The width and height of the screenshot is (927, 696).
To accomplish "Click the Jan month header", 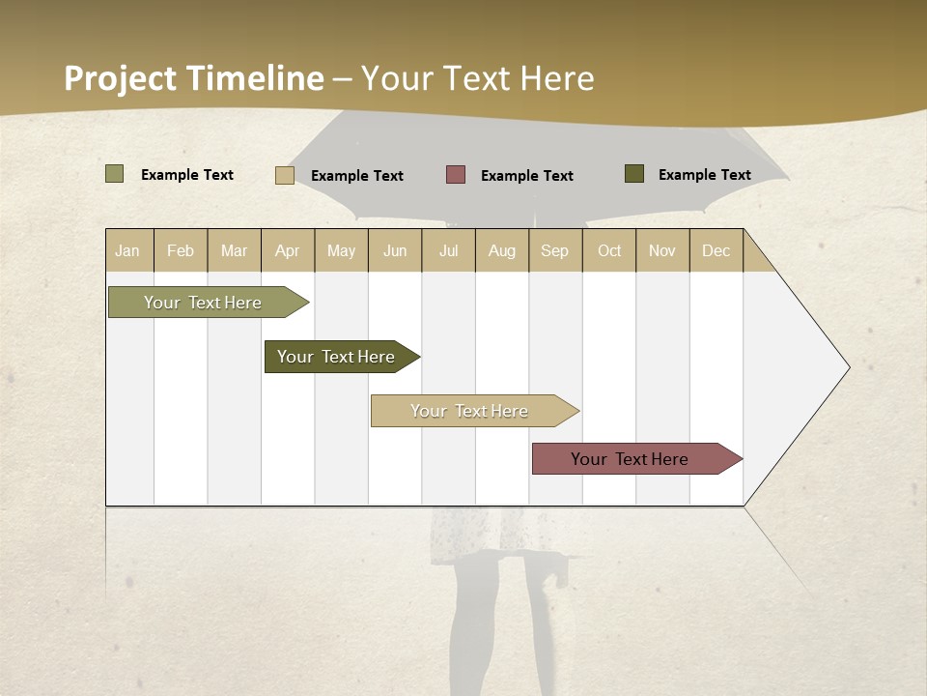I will (128, 250).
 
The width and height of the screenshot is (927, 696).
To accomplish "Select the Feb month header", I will (181, 250).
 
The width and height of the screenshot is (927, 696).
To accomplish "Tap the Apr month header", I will (288, 250).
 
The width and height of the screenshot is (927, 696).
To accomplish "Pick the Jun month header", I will (395, 250).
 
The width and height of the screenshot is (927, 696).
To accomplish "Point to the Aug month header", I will (502, 250).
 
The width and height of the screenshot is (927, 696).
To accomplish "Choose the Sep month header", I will (555, 250).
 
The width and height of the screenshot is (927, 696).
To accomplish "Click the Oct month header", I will (609, 250).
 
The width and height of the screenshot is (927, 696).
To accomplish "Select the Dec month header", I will (716, 250).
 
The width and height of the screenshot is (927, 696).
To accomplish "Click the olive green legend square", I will (114, 174).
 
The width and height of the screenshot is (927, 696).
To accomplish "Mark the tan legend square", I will (285, 175).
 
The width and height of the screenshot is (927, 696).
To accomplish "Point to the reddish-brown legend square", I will (456, 175).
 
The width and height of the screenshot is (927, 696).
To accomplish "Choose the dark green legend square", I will (634, 174).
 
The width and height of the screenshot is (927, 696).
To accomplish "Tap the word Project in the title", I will (121, 78).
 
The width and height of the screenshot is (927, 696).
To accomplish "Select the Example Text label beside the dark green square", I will (704, 175).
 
